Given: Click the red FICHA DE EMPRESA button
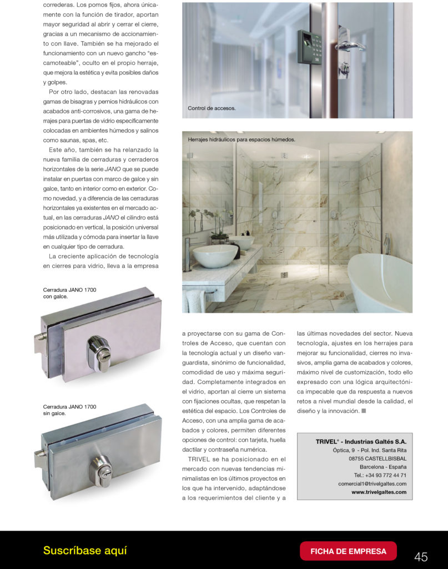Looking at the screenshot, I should [x=348, y=551].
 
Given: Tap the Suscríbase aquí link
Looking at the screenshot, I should [x=85, y=551].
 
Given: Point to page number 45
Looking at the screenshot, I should [x=421, y=556].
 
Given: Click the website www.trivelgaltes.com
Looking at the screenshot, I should [x=379, y=492].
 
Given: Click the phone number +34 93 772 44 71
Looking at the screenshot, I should [x=380, y=475].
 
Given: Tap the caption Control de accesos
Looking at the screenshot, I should [x=212, y=108].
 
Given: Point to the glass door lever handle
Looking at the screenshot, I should [x=349, y=46].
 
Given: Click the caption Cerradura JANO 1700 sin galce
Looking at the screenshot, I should [x=69, y=410].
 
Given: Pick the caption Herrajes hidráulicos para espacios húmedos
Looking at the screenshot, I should [x=241, y=139].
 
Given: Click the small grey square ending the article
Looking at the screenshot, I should [x=364, y=411].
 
